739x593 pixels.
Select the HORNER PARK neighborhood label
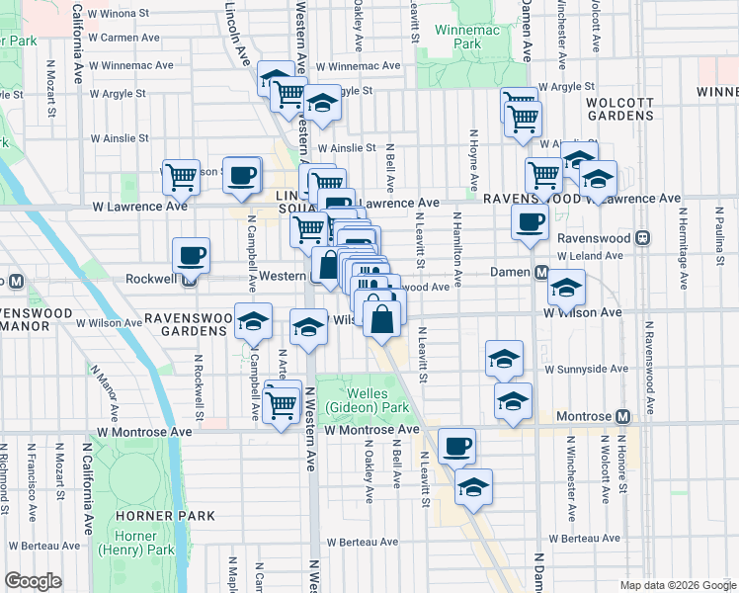coord(151,516)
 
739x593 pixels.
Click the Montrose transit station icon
coord(623,418)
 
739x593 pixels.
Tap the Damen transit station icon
coord(541,272)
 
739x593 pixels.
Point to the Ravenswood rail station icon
coord(642,238)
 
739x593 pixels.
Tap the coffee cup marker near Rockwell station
coord(191,256)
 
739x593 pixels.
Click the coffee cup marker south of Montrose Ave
coord(455,446)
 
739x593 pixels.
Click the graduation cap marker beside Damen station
coord(565,288)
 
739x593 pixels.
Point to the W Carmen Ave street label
coord(123,38)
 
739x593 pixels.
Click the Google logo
coord(33,580)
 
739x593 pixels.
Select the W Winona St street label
coord(123,15)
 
